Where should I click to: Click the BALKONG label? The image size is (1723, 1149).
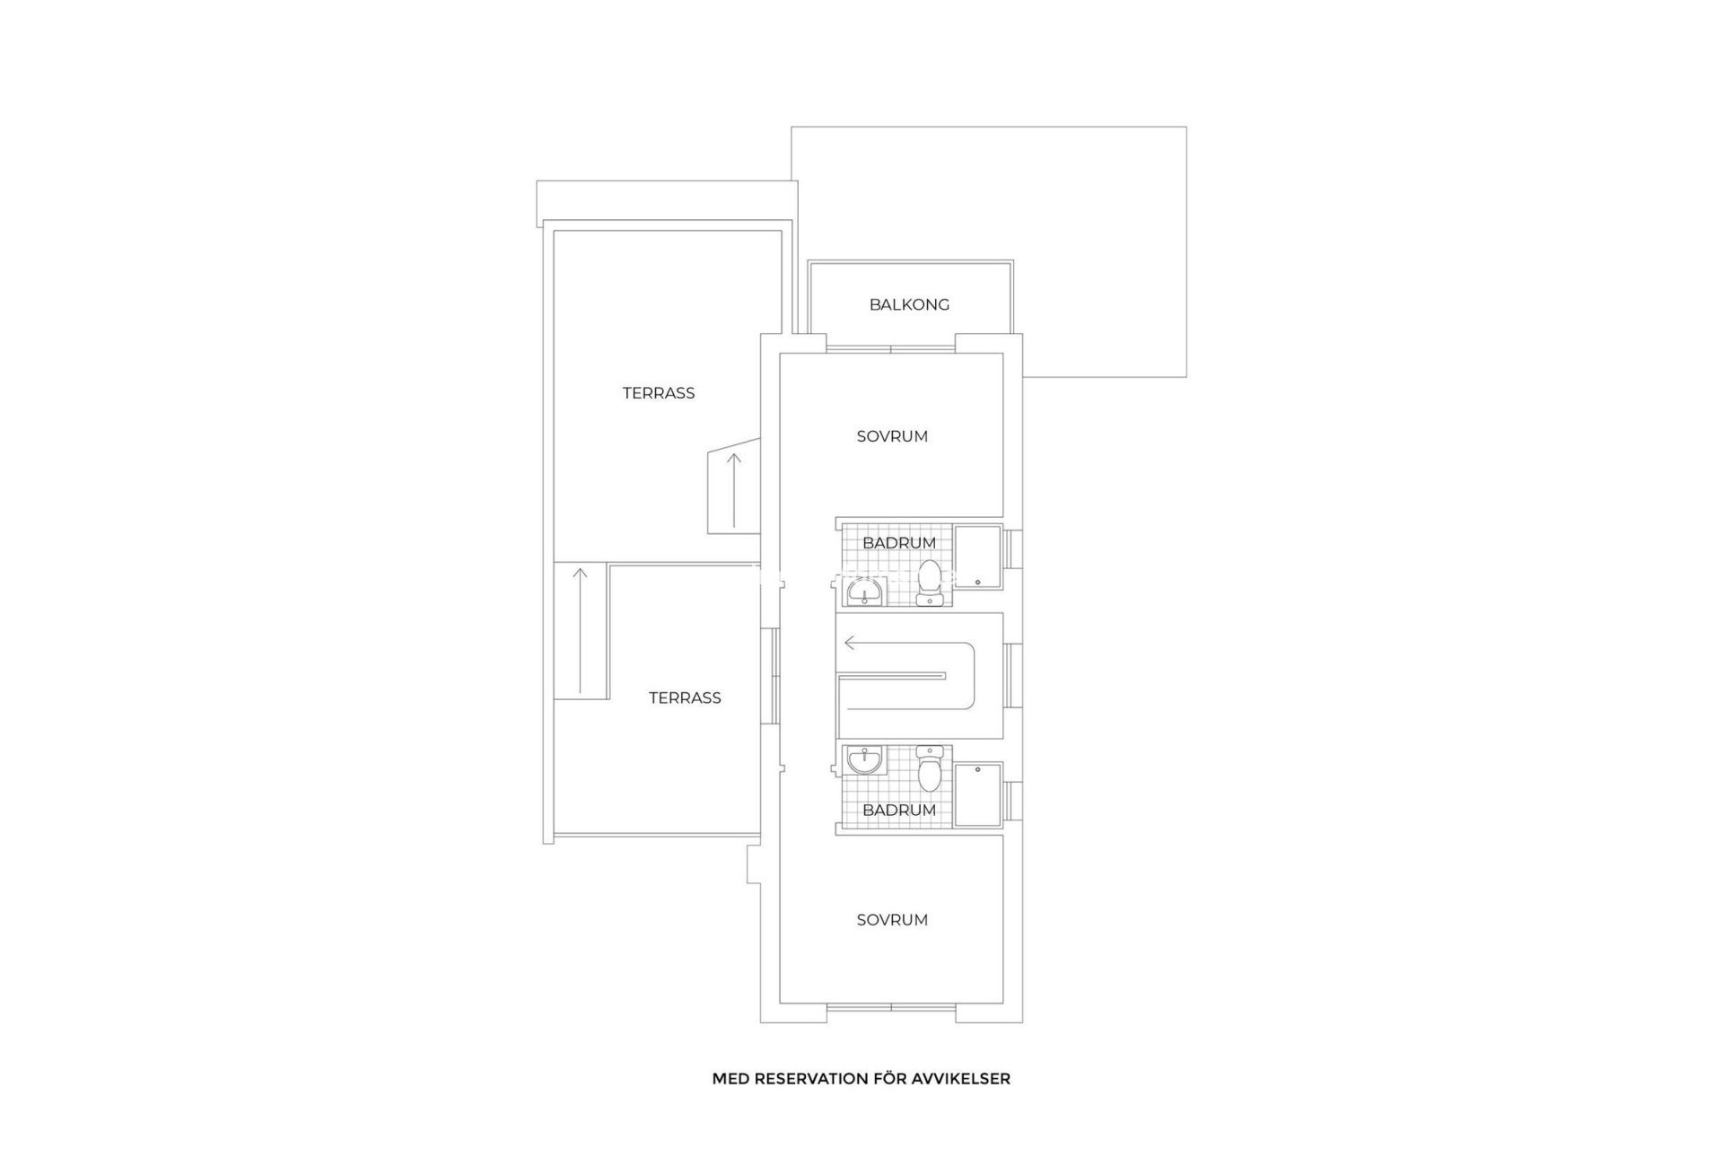pos(909,305)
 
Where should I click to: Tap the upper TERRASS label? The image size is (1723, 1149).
pos(659,393)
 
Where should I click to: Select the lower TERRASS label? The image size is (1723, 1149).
pos(685,698)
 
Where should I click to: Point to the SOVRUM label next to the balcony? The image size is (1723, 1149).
pos(892,437)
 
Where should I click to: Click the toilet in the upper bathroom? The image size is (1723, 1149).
pos(929,584)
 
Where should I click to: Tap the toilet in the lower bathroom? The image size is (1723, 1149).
pos(929,769)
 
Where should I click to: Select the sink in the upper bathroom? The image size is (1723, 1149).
pos(865,592)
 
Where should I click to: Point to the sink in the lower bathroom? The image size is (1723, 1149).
pos(865,760)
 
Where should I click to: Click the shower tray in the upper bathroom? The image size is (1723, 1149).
pos(977,557)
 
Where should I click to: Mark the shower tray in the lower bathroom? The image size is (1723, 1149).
pos(977,794)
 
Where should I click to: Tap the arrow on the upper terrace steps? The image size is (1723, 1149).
pos(734,489)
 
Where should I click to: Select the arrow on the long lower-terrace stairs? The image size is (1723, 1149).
pos(581,628)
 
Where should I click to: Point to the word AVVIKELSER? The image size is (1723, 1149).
pos(966,1079)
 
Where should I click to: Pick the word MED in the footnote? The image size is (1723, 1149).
pos(730,1079)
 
